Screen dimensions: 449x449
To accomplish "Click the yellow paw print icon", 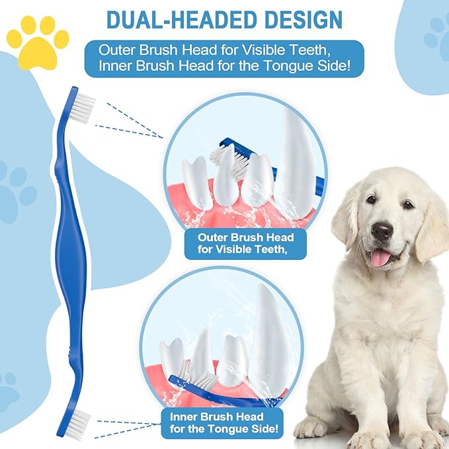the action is pyautogui.click(x=38, y=44).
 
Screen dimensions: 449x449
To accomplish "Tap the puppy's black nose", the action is pyautogui.click(x=382, y=230).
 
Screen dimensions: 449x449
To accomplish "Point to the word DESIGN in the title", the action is pyautogui.click(x=304, y=19).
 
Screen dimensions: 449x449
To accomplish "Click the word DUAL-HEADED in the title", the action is pyautogui.click(x=182, y=19).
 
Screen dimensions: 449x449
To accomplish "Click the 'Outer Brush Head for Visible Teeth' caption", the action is pyautogui.click(x=246, y=243).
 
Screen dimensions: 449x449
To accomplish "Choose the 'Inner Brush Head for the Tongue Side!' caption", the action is pyautogui.click(x=224, y=423).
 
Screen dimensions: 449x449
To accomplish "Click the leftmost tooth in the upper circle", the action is pyautogui.click(x=197, y=179).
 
